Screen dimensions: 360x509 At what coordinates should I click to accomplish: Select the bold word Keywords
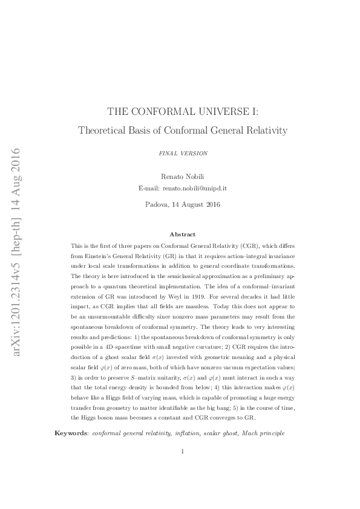(x=71, y=433)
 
